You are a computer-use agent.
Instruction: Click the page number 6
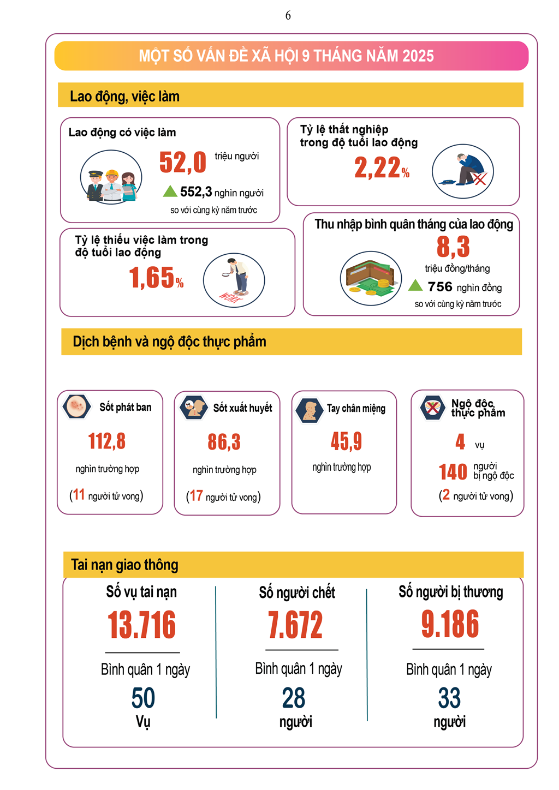pos(288,16)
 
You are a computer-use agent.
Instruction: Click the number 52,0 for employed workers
pos(183,162)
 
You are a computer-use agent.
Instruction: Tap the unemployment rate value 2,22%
pos(382,167)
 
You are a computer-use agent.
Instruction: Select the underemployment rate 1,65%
pos(156,278)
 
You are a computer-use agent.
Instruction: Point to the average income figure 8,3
pos(453,247)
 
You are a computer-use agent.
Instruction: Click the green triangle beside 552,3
pos(170,191)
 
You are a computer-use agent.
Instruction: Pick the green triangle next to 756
pos(415,285)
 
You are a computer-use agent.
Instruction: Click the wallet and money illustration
pos(371,278)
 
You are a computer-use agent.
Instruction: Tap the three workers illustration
pos(111,177)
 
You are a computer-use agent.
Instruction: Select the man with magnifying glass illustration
pos(234,280)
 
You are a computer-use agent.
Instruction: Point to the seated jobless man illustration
pos(463,171)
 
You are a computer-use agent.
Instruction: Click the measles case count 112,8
pos(107,441)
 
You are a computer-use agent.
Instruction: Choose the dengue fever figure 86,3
pos(224,442)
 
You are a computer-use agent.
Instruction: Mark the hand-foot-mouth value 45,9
pos(346,441)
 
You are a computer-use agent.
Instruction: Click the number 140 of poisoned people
pos(453,472)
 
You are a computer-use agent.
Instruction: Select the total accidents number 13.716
pos(142,625)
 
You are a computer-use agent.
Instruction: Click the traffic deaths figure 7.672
pos(295,625)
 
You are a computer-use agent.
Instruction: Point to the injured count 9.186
pos(450,624)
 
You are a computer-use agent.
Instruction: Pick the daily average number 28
pos(294,698)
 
